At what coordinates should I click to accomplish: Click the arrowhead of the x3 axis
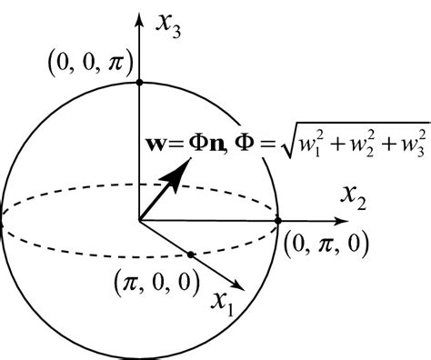138,18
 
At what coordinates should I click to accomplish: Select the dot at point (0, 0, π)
138,82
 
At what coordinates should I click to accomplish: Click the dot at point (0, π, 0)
278,220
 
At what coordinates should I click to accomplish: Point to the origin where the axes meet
138,220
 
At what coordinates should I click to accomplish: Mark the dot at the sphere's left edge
3,220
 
